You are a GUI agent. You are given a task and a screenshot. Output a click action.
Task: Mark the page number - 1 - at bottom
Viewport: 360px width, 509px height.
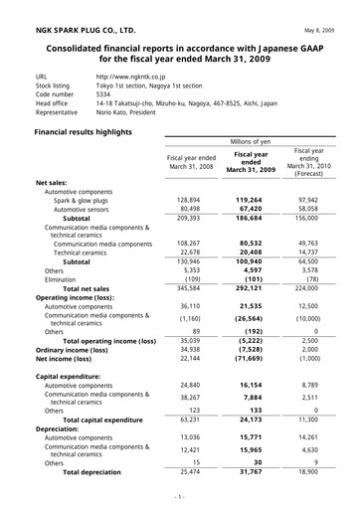click(x=180, y=496)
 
